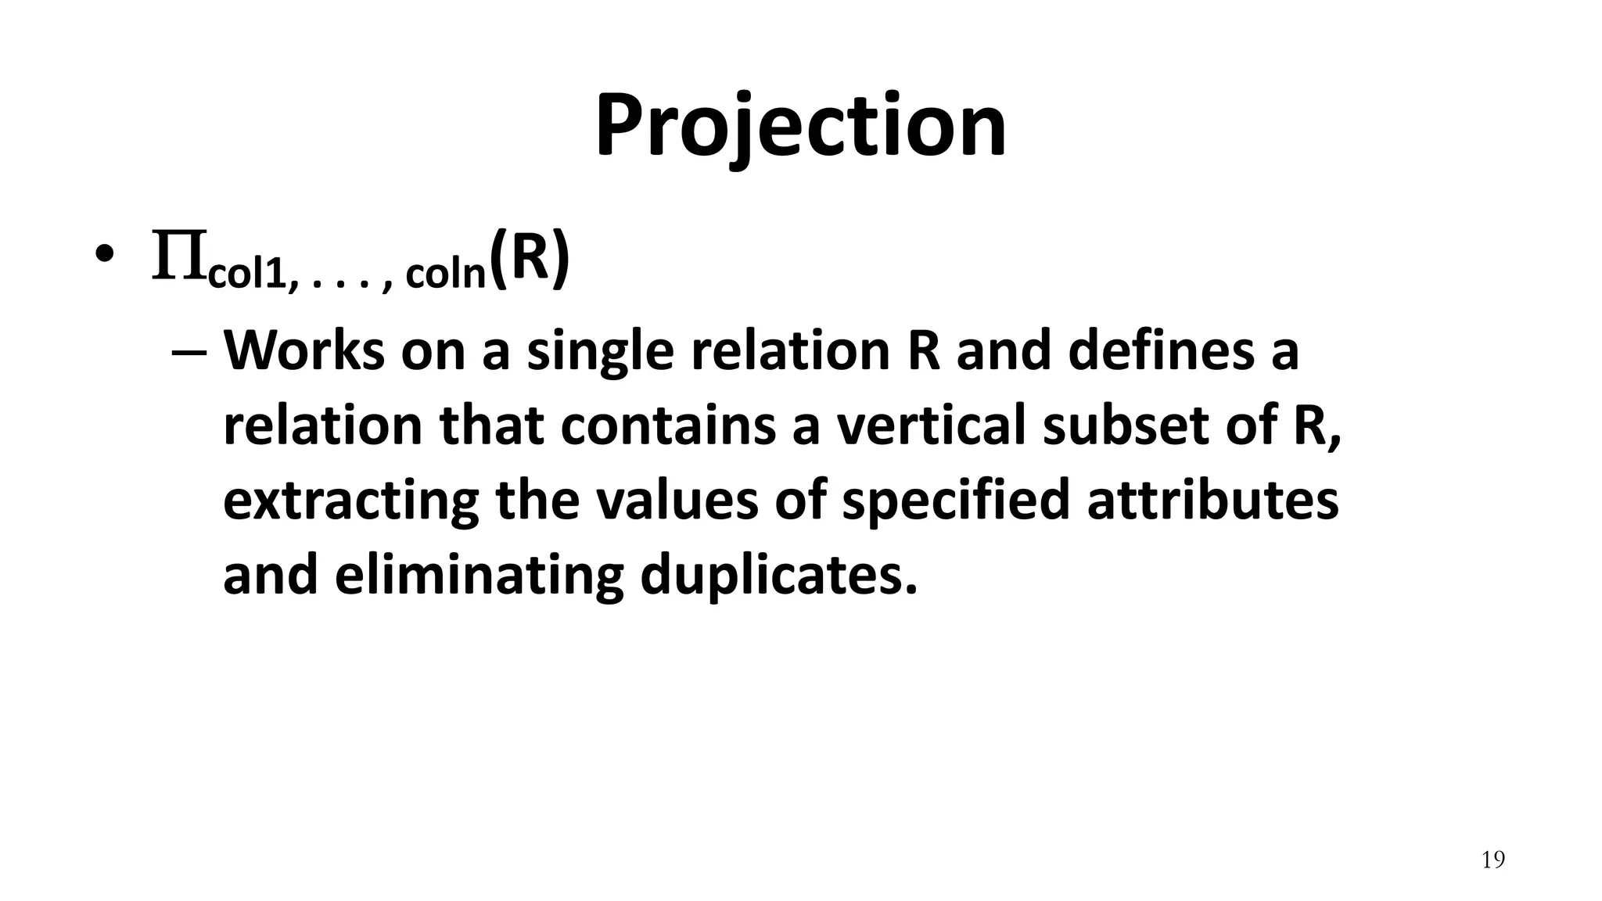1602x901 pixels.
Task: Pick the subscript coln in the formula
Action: coord(447,275)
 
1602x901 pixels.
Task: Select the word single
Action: coord(599,351)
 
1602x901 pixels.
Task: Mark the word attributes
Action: coord(1212,501)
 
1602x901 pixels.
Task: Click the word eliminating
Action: coord(479,576)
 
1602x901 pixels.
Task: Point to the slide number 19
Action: coord(1492,860)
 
